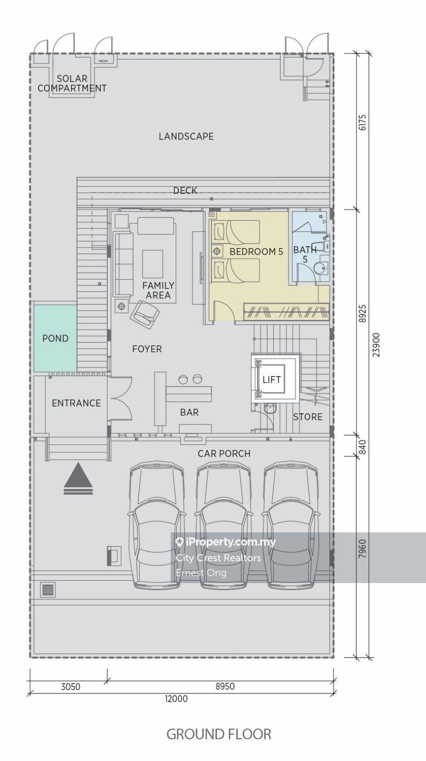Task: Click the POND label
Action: click(55, 338)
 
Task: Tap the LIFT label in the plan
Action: click(272, 379)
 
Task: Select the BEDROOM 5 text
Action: click(256, 252)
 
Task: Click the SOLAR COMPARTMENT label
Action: click(72, 83)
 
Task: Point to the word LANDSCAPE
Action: click(186, 137)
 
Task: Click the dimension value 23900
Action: click(376, 345)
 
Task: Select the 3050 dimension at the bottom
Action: click(71, 687)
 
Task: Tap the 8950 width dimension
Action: click(225, 686)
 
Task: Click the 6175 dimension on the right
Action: click(363, 122)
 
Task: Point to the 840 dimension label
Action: click(363, 447)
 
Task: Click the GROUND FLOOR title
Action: click(219, 734)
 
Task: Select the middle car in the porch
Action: click(224, 525)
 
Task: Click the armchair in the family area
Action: click(145, 314)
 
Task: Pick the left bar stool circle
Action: click(183, 379)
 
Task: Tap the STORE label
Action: click(308, 417)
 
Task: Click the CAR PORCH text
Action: click(224, 454)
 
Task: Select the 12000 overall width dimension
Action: click(176, 699)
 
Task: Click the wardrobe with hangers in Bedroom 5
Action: click(287, 311)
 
